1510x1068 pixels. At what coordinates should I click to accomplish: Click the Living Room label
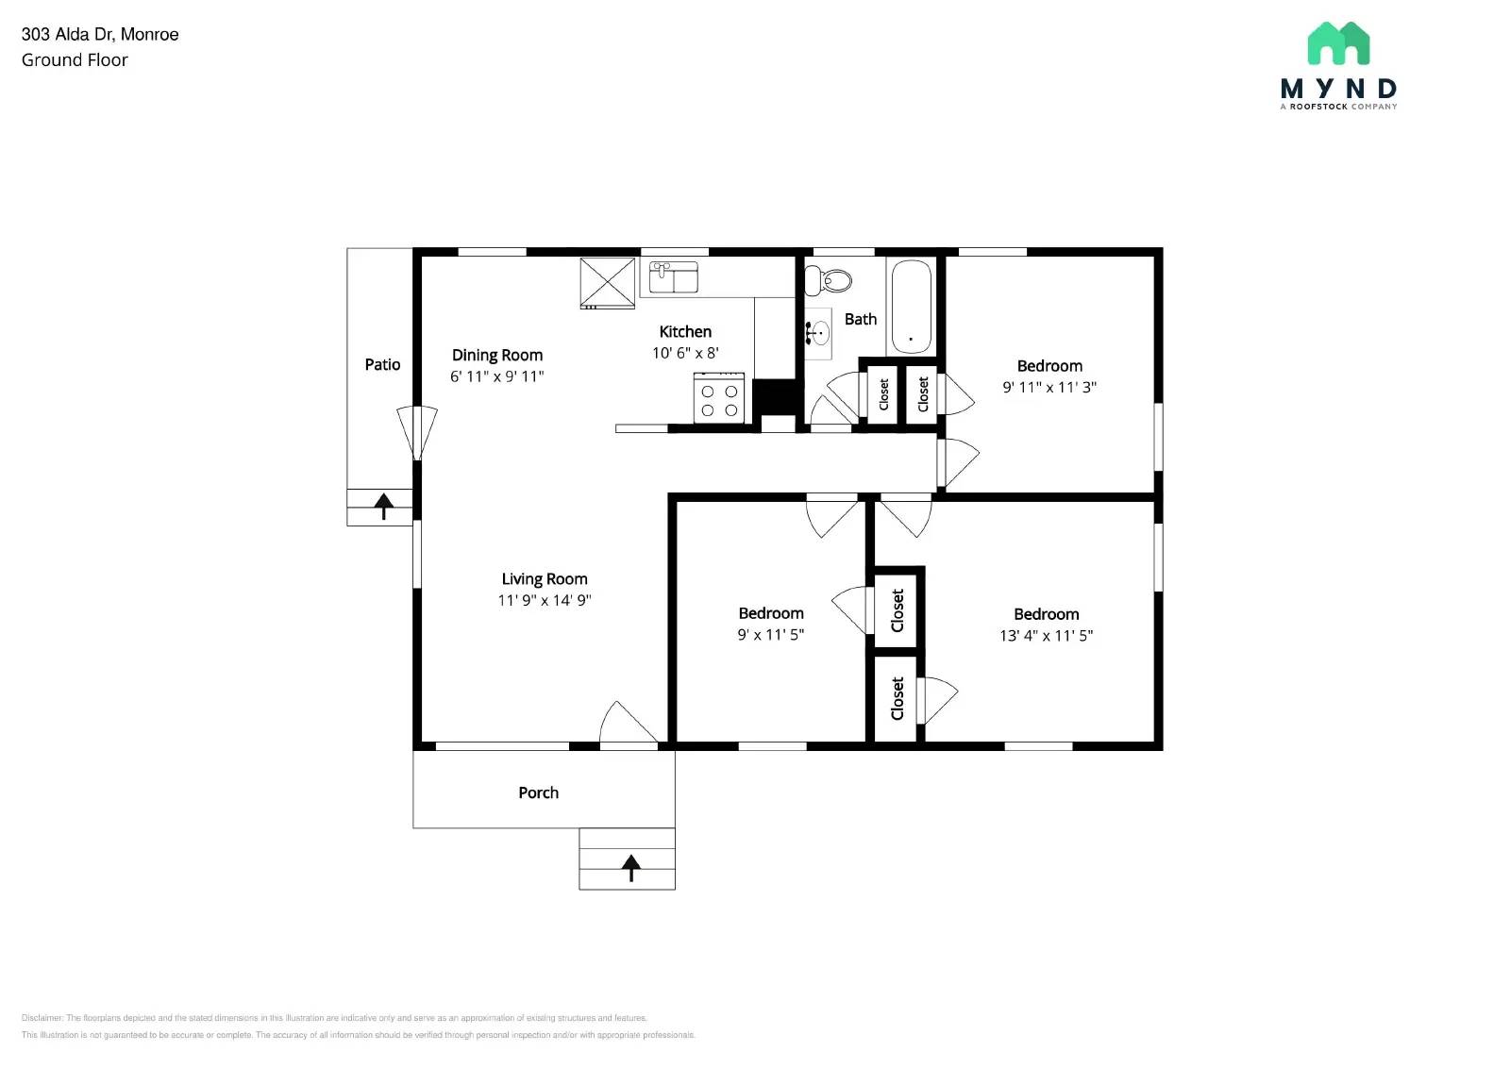click(x=545, y=579)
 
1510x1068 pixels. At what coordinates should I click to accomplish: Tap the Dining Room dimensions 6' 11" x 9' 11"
click(x=497, y=376)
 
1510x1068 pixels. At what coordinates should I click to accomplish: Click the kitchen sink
click(x=674, y=278)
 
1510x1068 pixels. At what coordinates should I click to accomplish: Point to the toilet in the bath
click(x=828, y=280)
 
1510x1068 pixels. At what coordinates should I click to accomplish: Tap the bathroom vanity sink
click(x=818, y=333)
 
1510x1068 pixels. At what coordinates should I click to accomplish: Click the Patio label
click(x=382, y=365)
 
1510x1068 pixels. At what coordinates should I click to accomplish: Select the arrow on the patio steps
click(x=383, y=507)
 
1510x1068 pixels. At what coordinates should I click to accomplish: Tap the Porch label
click(x=538, y=793)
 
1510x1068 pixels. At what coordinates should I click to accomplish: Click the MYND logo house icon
click(x=1338, y=43)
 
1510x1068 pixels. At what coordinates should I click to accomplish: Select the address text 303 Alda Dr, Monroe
click(x=100, y=35)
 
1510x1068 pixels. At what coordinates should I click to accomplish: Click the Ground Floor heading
click(x=75, y=60)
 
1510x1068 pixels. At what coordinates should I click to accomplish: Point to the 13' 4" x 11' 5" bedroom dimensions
click(x=1046, y=636)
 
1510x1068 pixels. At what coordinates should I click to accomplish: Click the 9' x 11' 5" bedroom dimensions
click(x=770, y=635)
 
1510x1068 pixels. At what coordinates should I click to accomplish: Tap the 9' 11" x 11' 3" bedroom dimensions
click(x=1049, y=388)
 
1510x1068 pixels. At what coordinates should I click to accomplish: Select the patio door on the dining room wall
click(x=417, y=432)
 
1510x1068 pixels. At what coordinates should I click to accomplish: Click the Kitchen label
click(x=685, y=332)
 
